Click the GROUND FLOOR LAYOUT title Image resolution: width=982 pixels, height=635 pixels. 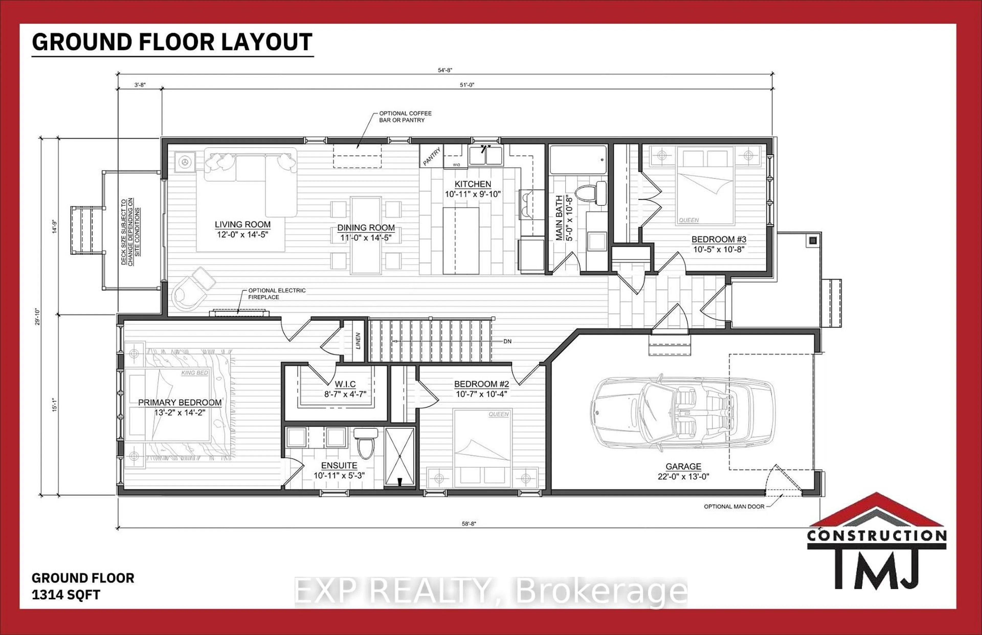(x=172, y=42)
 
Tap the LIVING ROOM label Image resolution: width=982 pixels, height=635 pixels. (x=242, y=225)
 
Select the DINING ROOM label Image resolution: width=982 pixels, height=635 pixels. (x=366, y=228)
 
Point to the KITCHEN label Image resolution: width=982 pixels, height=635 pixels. (x=473, y=184)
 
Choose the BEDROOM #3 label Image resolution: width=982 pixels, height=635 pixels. (x=719, y=240)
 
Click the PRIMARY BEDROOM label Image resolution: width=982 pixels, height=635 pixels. (x=180, y=402)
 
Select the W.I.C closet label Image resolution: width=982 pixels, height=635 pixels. (x=345, y=384)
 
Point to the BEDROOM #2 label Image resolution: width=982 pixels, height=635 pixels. (x=481, y=384)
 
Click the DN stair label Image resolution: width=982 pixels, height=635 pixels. (x=507, y=342)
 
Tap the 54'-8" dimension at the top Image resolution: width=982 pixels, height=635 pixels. (x=445, y=70)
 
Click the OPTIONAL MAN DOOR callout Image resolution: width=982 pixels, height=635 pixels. (x=734, y=507)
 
